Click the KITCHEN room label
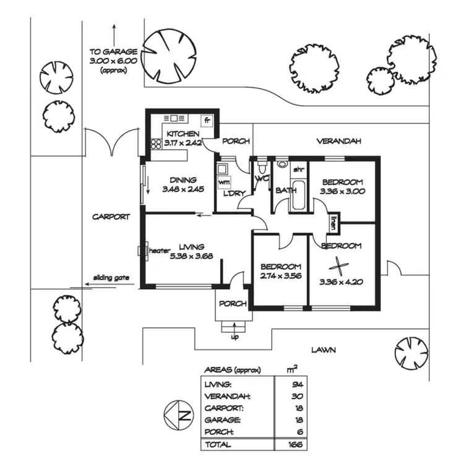click(181, 134)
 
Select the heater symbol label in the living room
click(159, 251)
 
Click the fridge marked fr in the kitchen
click(208, 120)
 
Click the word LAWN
click(324, 350)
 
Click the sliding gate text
click(111, 278)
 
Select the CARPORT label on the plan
click(111, 217)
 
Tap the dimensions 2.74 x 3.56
click(281, 276)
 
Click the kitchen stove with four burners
click(155, 144)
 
